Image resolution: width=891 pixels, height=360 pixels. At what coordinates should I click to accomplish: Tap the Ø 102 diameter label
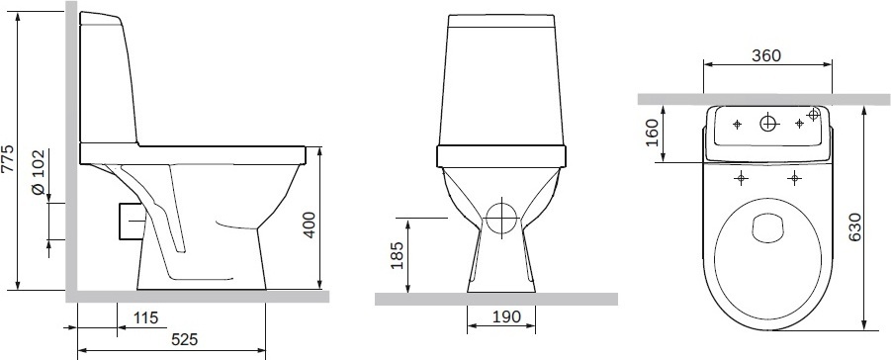pos(39,173)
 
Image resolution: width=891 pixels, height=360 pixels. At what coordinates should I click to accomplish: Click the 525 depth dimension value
pos(185,339)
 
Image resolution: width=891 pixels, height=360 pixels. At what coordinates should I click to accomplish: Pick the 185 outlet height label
pos(398,255)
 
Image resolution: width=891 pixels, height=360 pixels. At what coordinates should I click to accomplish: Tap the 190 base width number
pos(505,316)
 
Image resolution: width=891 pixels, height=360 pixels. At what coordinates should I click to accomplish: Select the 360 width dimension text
pos(766,55)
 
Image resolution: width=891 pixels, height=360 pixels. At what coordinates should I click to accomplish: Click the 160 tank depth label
pos(653,133)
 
